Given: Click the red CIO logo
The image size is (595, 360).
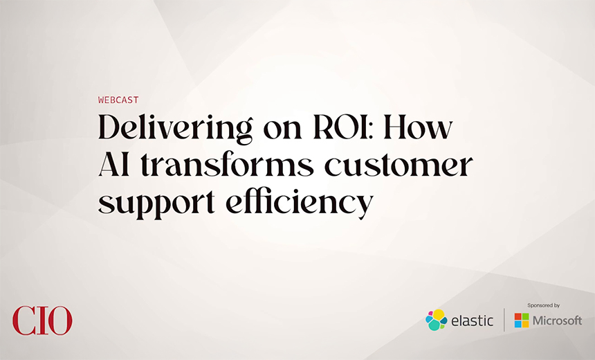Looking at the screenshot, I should point(42,321).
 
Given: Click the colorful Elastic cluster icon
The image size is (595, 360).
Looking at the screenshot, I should point(436,320).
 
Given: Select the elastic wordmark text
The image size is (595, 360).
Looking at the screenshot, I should point(472,321).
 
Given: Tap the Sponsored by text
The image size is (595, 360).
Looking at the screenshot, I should point(543,305).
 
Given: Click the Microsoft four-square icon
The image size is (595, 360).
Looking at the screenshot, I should point(522,321).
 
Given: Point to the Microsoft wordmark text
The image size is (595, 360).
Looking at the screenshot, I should point(557,321).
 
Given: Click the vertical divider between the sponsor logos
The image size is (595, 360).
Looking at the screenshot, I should point(504,320).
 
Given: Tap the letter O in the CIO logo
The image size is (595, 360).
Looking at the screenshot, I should point(59,321).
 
